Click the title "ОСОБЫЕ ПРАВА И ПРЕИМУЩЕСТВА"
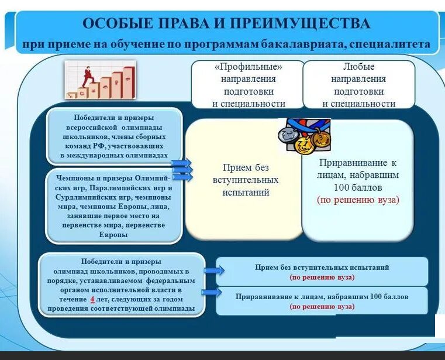226,24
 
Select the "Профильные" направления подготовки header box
248,85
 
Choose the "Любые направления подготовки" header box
358,85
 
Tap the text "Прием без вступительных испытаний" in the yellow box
246,180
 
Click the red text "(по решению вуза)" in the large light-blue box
358,200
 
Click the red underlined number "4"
91,299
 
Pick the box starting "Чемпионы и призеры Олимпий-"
113,205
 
